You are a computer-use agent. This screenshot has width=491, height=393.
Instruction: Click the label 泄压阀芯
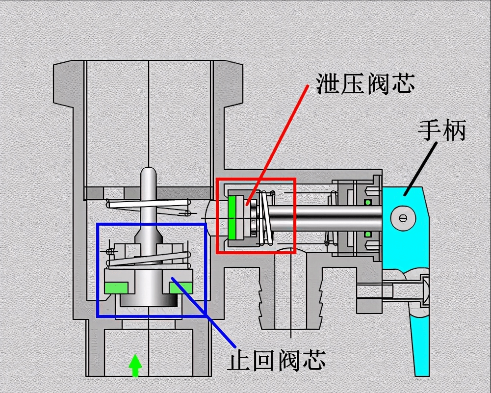point(365,83)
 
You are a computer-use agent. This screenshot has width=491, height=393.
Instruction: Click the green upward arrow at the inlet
point(135,366)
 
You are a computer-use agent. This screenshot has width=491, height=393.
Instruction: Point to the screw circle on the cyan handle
point(403,218)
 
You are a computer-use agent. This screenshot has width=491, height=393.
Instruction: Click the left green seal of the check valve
point(116,288)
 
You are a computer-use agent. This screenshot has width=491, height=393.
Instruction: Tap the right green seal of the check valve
point(181,288)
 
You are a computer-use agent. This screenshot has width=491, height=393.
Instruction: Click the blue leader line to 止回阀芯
point(203,312)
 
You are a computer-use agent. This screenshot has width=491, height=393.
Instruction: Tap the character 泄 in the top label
point(328,83)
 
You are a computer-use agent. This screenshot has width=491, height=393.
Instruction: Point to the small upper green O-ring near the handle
point(368,203)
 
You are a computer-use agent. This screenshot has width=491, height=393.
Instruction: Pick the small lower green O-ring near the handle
point(368,234)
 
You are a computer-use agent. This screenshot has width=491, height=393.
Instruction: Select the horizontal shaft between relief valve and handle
point(326,218)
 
